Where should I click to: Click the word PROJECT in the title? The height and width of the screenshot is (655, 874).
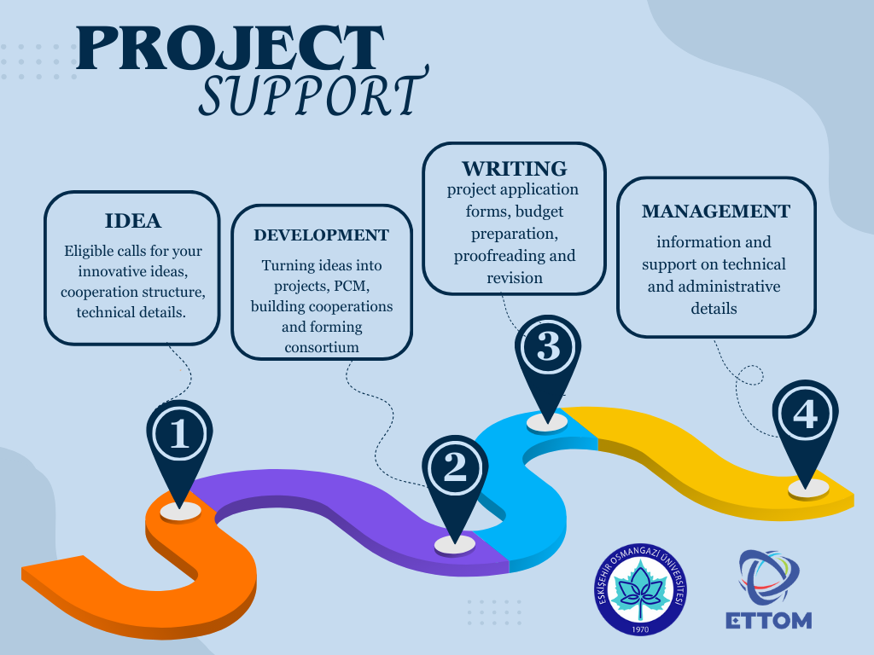tap(230, 48)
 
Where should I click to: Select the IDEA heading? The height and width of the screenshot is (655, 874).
tap(132, 221)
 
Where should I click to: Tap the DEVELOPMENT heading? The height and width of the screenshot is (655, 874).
tap(322, 235)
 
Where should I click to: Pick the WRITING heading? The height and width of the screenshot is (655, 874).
tap(514, 168)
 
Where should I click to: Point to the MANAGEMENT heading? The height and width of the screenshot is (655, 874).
tap(716, 212)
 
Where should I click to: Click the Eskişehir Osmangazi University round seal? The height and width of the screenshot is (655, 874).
tap(640, 589)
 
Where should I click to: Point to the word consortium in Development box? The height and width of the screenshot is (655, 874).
tap(322, 348)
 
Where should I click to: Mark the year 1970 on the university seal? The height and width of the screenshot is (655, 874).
tap(640, 629)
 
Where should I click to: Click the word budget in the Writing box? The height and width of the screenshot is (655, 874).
tap(539, 212)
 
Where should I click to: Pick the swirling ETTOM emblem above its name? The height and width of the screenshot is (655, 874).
tap(769, 577)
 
